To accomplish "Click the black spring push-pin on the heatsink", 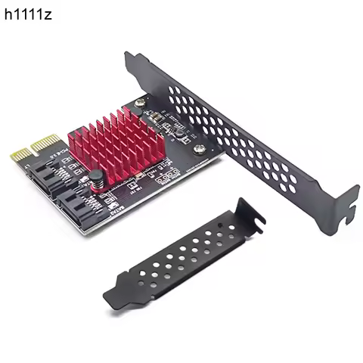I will [x=98, y=181].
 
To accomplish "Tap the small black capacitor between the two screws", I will [x=173, y=132].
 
